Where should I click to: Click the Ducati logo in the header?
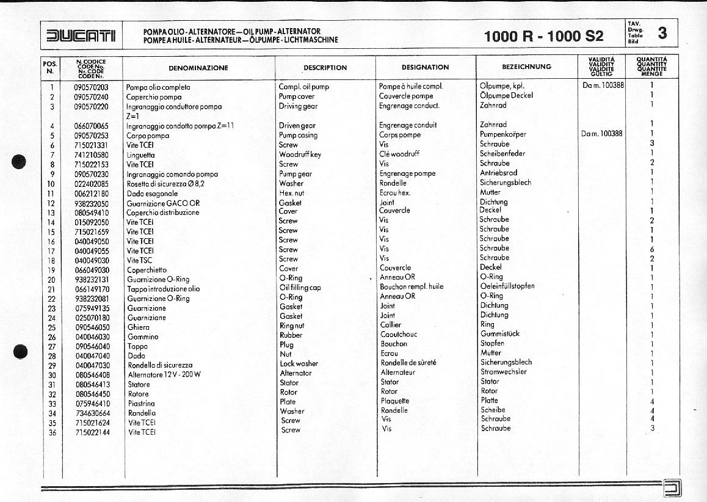(81, 35)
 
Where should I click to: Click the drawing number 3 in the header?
(662, 33)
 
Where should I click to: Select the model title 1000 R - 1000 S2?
(543, 36)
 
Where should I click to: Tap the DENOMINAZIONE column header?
(198, 68)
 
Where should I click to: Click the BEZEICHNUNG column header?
(526, 67)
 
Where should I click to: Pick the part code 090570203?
(91, 87)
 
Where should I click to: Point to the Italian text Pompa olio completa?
(158, 87)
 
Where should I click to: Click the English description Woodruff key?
(300, 155)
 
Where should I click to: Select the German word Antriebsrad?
(498, 173)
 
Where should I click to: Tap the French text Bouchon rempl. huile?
(412, 286)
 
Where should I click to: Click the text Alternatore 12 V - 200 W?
(164, 374)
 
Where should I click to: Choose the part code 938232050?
(91, 203)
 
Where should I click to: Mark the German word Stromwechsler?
(503, 371)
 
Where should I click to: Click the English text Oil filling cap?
(300, 288)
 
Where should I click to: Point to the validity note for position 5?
(602, 134)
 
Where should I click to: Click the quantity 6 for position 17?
(652, 249)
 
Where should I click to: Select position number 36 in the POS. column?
(52, 432)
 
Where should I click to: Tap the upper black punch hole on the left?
(20, 162)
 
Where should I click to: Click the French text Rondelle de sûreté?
(408, 363)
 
